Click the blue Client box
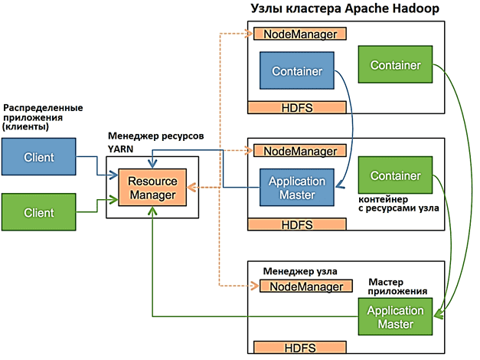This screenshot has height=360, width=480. [x=39, y=157]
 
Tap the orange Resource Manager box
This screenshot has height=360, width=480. [x=152, y=188]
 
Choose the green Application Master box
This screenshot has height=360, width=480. [x=394, y=317]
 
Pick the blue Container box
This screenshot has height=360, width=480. [x=297, y=71]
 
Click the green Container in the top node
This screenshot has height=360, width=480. [x=395, y=65]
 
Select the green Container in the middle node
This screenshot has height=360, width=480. [x=395, y=175]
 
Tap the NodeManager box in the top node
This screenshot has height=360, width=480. [x=301, y=34]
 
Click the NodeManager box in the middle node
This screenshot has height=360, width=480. [x=300, y=151]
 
